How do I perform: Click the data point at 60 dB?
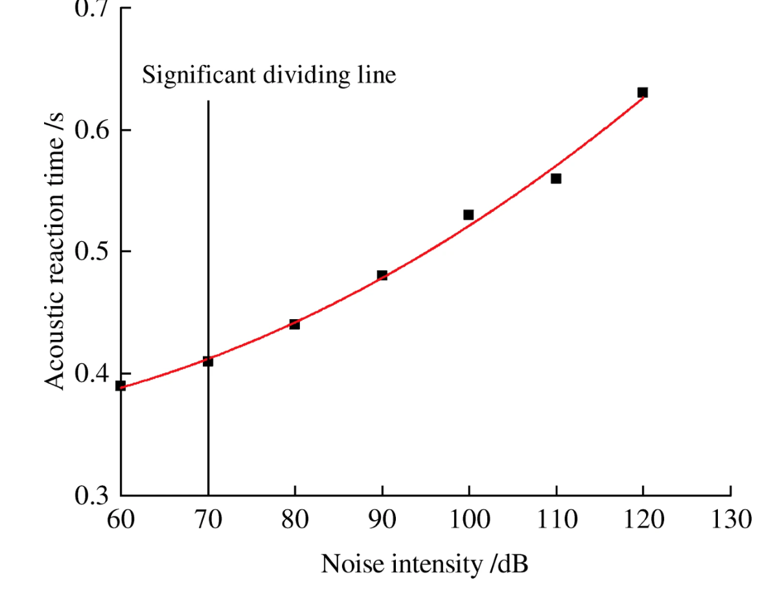(x=121, y=385)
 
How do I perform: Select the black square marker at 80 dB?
(x=295, y=324)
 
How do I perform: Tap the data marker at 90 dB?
(x=382, y=275)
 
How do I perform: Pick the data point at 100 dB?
(x=468, y=215)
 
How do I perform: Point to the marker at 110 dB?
(x=556, y=178)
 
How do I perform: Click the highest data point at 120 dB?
(x=643, y=92)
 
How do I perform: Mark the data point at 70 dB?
(x=208, y=361)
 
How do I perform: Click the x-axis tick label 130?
(x=730, y=520)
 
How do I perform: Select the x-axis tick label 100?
(x=468, y=520)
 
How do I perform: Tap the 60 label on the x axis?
(x=121, y=520)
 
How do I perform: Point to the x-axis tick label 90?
(x=382, y=520)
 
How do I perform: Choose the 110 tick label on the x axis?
(x=556, y=520)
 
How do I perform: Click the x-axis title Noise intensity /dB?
(x=424, y=564)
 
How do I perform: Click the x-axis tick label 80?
(x=295, y=520)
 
